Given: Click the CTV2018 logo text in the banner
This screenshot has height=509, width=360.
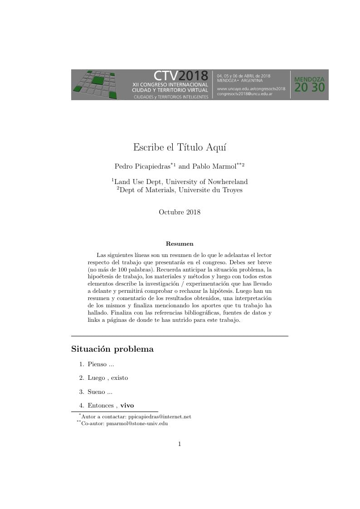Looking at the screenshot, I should click(180, 76).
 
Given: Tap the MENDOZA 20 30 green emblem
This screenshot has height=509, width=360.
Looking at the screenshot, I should click(309, 84).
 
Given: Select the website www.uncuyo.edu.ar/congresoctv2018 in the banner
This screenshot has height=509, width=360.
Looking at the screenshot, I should click(251, 88).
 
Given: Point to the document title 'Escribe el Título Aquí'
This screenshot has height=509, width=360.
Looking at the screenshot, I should click(180, 147).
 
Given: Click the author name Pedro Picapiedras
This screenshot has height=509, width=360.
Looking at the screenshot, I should click(142, 166).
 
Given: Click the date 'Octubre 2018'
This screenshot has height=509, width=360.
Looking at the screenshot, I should click(180, 212).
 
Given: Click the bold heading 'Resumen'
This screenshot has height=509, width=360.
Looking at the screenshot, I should click(180, 244).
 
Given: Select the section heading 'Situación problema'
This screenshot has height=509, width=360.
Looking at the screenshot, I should click(112, 349).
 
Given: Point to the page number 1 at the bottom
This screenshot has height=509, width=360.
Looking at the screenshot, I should click(180, 444).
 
